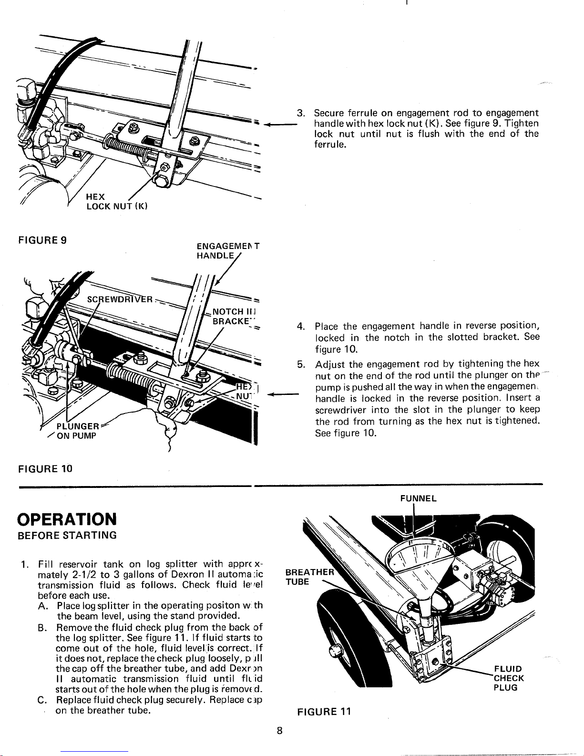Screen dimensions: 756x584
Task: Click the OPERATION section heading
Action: [66, 518]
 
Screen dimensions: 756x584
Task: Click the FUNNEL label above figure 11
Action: [418, 498]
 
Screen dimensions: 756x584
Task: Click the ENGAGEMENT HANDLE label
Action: [226, 251]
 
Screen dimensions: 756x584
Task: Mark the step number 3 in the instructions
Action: [300, 114]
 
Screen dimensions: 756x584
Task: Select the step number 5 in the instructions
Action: [301, 365]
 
